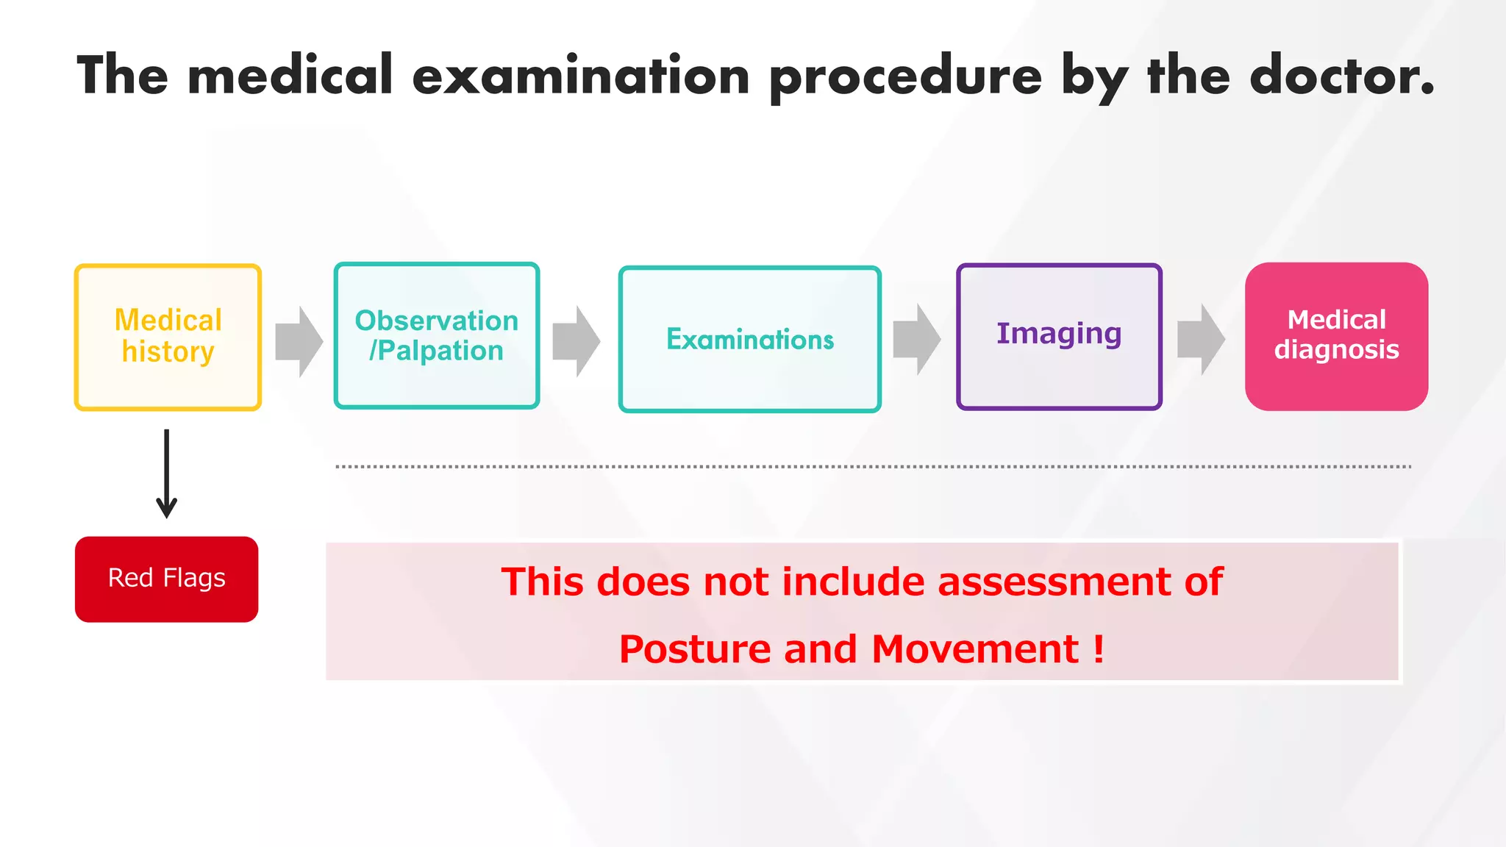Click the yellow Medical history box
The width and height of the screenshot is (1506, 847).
[168, 337]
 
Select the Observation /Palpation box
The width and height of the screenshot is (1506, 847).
[437, 335]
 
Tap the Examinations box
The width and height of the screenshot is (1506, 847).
[749, 339]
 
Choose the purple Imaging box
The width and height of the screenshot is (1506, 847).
[1059, 336]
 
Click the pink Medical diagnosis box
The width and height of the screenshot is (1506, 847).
[1336, 336]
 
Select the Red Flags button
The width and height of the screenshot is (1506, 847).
[166, 579]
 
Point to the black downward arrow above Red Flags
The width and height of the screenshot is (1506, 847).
[167, 474]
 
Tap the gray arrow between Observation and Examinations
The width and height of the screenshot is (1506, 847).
[577, 342]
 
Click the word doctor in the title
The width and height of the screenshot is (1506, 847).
[1341, 76]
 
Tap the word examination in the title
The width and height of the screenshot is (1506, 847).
[581, 76]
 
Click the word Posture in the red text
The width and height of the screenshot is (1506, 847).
[695, 650]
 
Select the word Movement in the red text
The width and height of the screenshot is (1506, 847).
[975, 650]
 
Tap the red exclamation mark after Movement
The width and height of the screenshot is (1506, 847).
[1099, 648]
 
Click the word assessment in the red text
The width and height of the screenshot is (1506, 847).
[1054, 582]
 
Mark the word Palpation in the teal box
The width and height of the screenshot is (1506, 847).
[441, 351]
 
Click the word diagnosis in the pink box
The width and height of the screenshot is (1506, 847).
[1336, 350]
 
